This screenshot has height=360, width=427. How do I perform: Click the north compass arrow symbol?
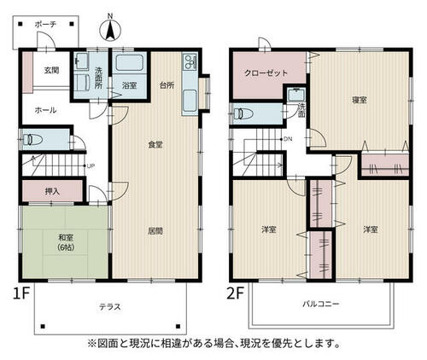[x=110, y=29]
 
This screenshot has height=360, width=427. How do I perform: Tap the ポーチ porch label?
[x=45, y=25]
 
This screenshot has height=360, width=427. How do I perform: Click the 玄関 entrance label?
[x=51, y=70]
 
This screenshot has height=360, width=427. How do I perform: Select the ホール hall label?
[x=45, y=110]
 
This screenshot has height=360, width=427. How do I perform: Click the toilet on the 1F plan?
[x=32, y=140]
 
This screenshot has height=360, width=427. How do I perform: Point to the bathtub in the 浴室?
[x=130, y=63]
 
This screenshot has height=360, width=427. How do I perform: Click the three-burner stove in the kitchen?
[x=190, y=62]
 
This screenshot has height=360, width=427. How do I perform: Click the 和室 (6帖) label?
[x=66, y=242]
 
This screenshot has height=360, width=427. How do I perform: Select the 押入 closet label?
[x=52, y=191]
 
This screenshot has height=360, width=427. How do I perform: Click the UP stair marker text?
[x=91, y=166]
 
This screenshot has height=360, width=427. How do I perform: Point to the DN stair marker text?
[x=288, y=139]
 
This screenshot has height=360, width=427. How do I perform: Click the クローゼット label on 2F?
[x=266, y=73]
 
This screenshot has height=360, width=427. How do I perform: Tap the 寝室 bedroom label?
[x=359, y=100]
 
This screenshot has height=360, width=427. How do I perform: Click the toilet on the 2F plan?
[x=243, y=113]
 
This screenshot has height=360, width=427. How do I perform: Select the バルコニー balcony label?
[x=321, y=304]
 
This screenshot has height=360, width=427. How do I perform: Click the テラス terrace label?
[x=110, y=307]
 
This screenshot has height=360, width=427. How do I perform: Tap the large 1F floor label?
[x=21, y=293]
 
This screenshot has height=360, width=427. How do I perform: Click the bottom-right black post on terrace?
[x=178, y=326]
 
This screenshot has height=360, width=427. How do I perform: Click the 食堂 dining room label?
[x=155, y=145]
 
